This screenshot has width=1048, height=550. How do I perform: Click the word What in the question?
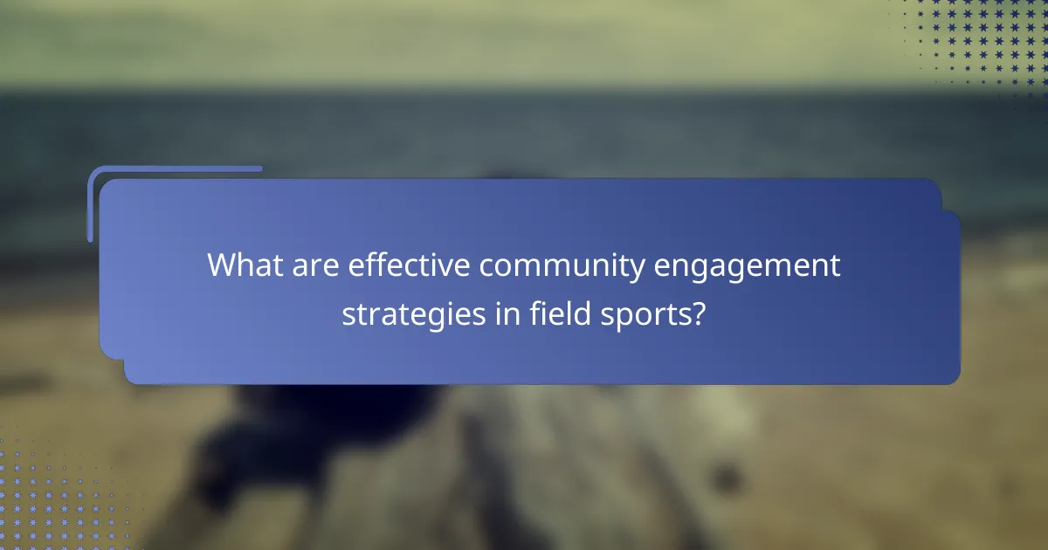point(240,265)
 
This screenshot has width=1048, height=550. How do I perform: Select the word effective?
point(408,265)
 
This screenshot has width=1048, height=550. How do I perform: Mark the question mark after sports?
point(698,312)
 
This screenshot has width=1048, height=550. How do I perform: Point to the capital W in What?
point(222,265)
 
